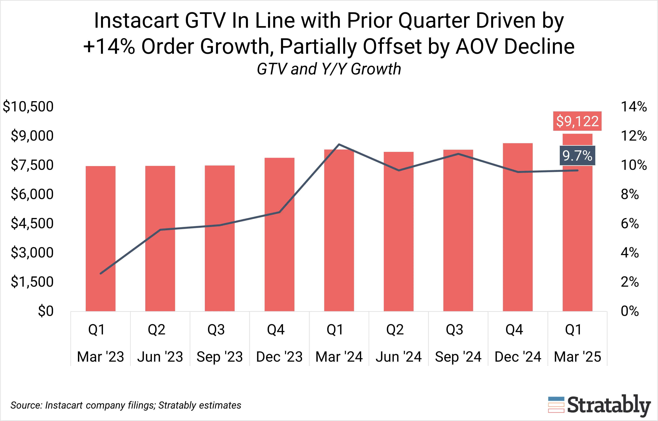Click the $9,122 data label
click(577, 121)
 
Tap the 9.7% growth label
click(577, 156)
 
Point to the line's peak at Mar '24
click(339, 144)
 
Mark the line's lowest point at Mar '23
click(101, 273)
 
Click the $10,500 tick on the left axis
click(28, 107)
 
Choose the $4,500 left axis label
click(32, 223)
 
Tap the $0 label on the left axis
click(46, 311)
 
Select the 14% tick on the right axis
click(634, 107)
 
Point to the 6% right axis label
click(630, 223)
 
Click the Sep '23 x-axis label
click(220, 357)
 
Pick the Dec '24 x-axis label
click(518, 357)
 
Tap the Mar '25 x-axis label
click(577, 357)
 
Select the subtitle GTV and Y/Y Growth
click(329, 69)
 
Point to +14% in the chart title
click(109, 47)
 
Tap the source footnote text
click(126, 405)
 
